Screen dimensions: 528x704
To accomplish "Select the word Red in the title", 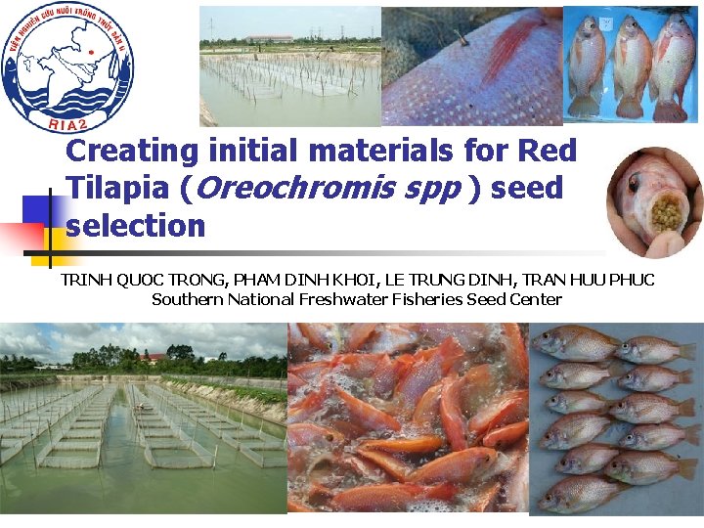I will point(547,152).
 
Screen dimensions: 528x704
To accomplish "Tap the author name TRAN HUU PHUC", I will point(594,281).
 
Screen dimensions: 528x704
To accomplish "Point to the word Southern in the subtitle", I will point(188,299).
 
